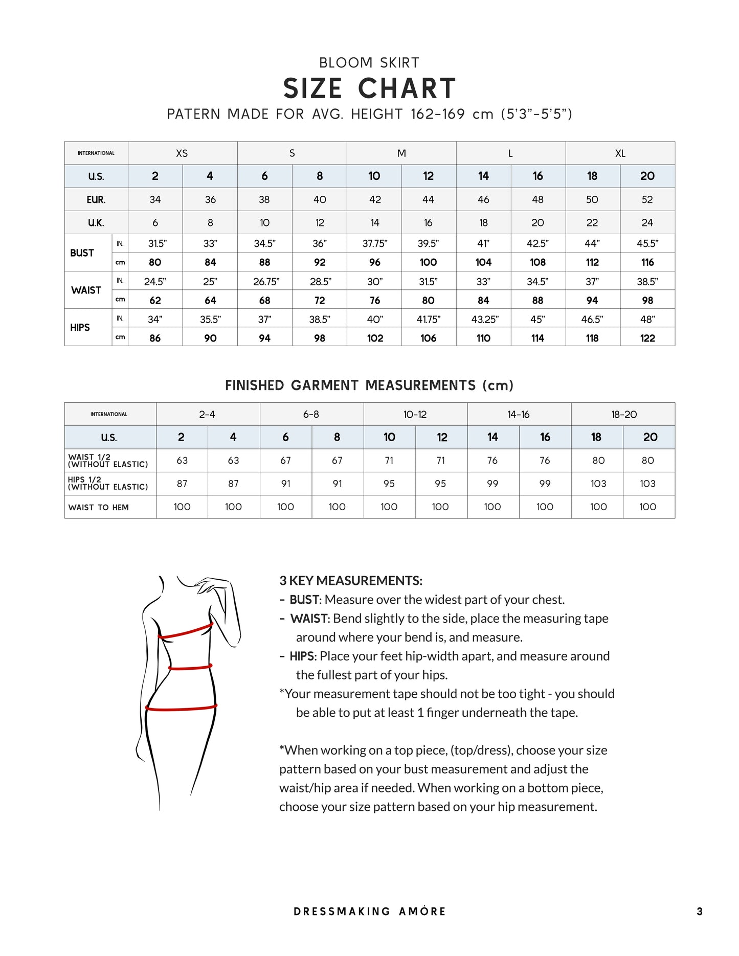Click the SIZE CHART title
(x=369, y=88)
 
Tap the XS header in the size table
(x=182, y=153)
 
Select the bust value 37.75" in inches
(x=374, y=244)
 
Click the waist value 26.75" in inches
(x=266, y=282)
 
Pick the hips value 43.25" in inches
(x=484, y=320)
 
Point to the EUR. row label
(x=96, y=200)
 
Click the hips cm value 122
(x=647, y=338)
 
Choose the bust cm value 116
(x=647, y=263)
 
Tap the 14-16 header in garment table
(x=519, y=415)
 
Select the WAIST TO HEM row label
(x=99, y=508)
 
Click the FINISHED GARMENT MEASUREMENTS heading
(x=369, y=385)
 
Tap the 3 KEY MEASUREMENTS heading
(x=351, y=581)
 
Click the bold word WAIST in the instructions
(x=308, y=619)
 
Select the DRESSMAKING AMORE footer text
(x=369, y=912)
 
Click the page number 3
(x=699, y=912)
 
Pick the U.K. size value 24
(x=647, y=223)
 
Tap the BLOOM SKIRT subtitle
(x=369, y=63)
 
